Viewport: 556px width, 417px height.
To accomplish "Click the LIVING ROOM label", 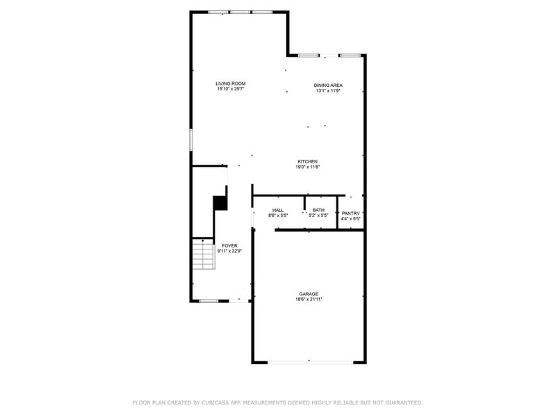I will pos(230,83).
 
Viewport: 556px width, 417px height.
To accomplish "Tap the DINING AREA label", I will pos(328,85).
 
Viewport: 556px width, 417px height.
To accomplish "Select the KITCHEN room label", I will pos(307,162).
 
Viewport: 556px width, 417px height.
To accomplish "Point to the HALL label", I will pos(278,210).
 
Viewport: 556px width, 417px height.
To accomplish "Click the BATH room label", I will pos(318,210).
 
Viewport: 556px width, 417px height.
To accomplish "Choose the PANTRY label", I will pos(350,213).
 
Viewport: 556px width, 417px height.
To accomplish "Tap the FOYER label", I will pos(229,245).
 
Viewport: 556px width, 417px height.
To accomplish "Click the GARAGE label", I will pos(309,294).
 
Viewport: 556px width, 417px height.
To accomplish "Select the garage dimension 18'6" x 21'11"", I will pos(309,300).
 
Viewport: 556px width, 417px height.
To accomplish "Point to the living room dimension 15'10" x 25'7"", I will pos(230,89).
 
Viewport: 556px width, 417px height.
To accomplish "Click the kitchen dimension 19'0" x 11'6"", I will pos(307,167).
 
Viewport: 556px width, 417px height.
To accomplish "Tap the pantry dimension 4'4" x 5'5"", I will pos(350,219).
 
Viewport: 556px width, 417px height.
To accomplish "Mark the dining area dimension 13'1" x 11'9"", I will pos(328,91).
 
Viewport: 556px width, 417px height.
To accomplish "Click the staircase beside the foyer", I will pos(202,254).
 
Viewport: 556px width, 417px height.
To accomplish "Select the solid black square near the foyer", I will pos(220,202).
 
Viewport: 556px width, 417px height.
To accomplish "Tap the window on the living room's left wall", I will pos(192,139).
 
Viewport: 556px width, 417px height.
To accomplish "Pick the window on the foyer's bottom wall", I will pos(208,301).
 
